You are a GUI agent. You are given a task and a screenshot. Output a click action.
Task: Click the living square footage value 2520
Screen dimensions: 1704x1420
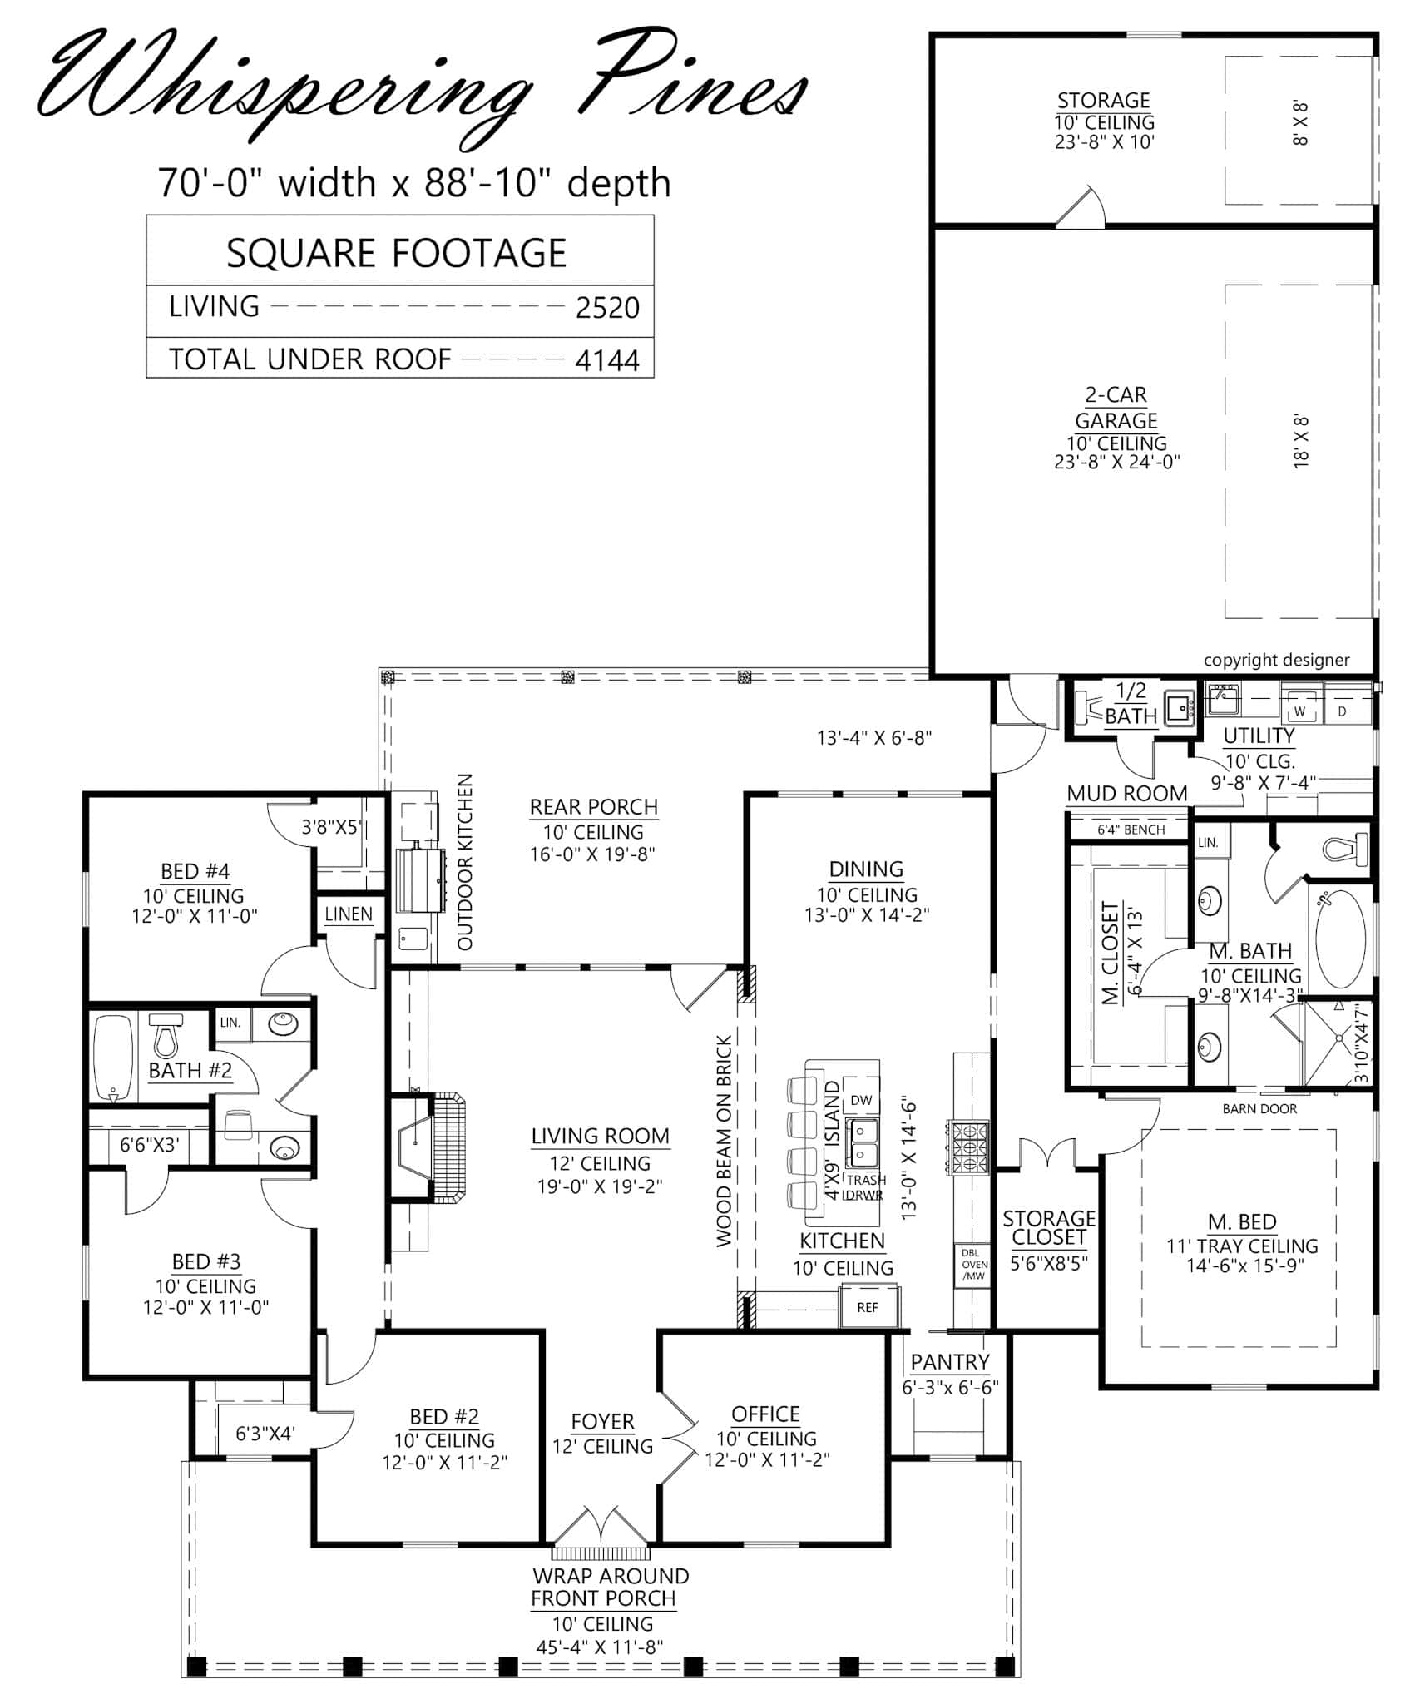tap(607, 308)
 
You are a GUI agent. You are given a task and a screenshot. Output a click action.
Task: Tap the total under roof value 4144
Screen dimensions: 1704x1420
tap(607, 360)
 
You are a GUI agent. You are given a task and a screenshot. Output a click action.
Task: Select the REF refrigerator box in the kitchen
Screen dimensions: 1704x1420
tap(868, 1307)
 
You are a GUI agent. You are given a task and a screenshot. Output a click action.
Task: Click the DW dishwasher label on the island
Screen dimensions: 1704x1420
tap(861, 1100)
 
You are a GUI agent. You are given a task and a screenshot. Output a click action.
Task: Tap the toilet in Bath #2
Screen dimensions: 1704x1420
tap(166, 1036)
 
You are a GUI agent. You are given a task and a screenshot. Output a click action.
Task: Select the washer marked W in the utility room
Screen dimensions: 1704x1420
tap(1299, 711)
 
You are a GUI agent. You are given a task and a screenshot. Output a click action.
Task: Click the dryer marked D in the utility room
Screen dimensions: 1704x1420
tap(1342, 711)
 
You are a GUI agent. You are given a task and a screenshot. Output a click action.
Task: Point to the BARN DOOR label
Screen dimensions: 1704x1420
tap(1259, 1108)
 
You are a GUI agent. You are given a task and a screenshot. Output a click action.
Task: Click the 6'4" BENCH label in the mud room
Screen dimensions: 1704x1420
tap(1131, 830)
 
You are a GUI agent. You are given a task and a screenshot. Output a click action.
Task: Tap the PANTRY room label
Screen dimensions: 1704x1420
tap(950, 1362)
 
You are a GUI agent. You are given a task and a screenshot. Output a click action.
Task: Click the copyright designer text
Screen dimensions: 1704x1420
tap(1276, 660)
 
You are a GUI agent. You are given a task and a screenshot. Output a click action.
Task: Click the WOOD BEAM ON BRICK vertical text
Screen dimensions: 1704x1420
tap(724, 1142)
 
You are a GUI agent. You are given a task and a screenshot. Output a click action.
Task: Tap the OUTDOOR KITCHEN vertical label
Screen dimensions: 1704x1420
tap(465, 861)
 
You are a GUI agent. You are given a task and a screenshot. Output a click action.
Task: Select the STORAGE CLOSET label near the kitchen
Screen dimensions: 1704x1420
tap(1049, 1228)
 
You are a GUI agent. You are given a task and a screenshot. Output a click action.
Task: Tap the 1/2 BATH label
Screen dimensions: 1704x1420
tap(1131, 703)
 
